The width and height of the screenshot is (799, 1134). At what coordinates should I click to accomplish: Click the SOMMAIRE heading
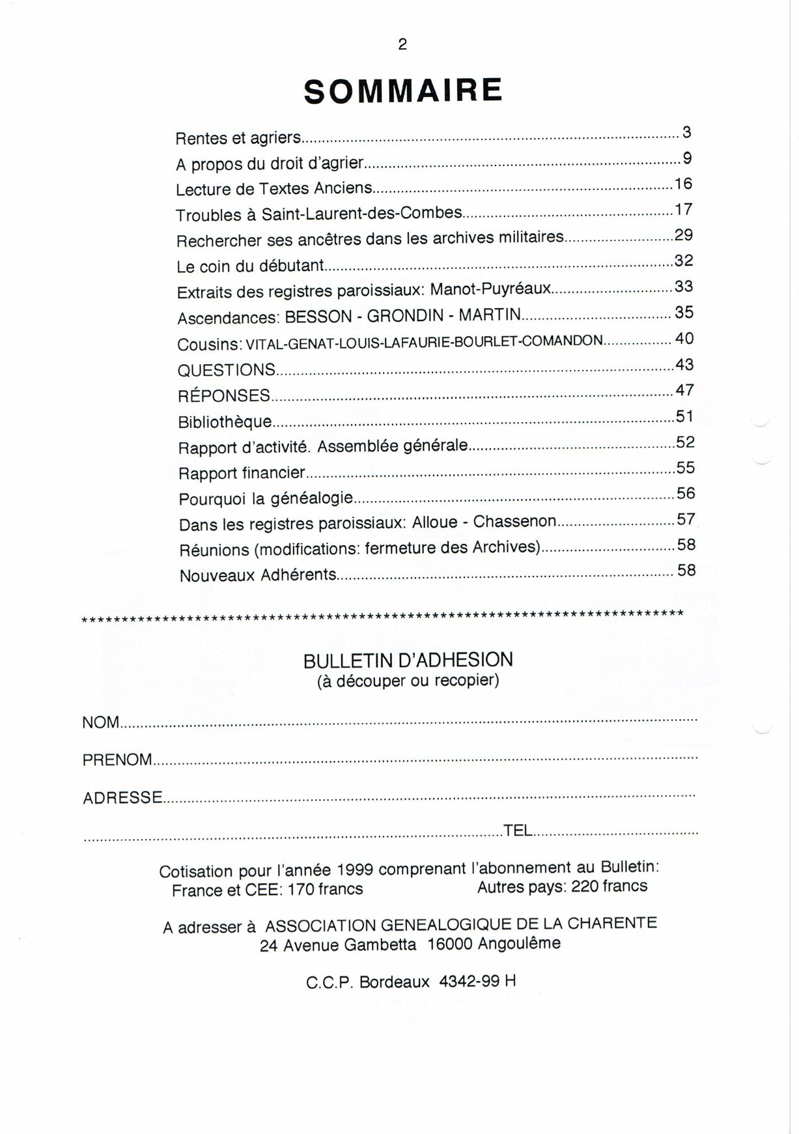tap(403, 91)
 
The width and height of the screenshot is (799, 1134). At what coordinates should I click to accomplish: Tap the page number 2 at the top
tap(402, 44)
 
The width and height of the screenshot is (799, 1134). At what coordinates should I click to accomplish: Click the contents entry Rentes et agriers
tap(238, 138)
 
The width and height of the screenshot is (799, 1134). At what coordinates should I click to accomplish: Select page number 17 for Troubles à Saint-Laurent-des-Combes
tap(683, 210)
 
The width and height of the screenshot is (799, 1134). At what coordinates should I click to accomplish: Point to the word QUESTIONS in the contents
tap(227, 370)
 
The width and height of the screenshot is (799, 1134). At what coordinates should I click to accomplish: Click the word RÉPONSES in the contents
tap(224, 395)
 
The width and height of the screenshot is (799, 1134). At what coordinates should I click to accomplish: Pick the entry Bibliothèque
tap(225, 421)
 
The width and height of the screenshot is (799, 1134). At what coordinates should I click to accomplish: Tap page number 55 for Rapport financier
tap(686, 468)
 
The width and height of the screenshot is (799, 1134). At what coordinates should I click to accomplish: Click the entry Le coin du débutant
tap(250, 266)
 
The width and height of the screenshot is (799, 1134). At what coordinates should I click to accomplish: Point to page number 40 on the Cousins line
tap(684, 339)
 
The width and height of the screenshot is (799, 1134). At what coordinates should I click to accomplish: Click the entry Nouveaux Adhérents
tap(258, 575)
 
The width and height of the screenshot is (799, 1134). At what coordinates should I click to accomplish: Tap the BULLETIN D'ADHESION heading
tap(408, 660)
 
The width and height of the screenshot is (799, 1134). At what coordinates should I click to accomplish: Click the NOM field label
tap(101, 722)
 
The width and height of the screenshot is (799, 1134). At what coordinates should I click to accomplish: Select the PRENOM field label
tap(117, 760)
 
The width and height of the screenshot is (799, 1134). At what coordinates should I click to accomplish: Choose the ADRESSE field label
tap(122, 798)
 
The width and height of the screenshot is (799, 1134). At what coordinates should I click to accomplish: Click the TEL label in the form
tap(518, 830)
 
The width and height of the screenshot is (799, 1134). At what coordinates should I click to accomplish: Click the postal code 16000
tap(449, 944)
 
